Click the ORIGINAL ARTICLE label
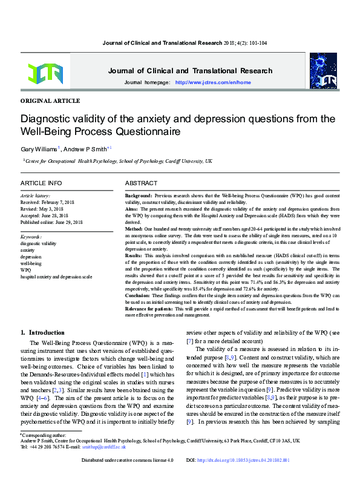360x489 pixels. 50,100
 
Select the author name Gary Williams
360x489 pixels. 39,148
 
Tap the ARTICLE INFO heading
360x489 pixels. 41,183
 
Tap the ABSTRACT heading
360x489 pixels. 141,183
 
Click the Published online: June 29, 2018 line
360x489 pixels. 60,222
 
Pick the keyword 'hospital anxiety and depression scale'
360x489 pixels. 56,276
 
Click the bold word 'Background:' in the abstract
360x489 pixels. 139,197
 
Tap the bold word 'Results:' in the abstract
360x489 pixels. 136,255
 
